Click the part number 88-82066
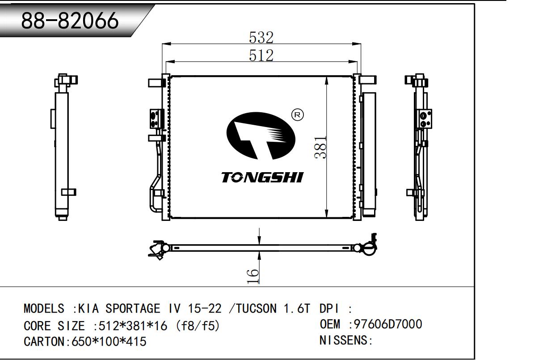(70, 21)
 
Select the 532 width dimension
(261, 38)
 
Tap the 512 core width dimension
(261, 55)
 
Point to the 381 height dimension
(320, 147)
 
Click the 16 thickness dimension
(253, 276)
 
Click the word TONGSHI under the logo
(262, 178)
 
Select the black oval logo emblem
(261, 136)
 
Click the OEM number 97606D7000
(388, 324)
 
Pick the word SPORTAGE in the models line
(133, 309)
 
